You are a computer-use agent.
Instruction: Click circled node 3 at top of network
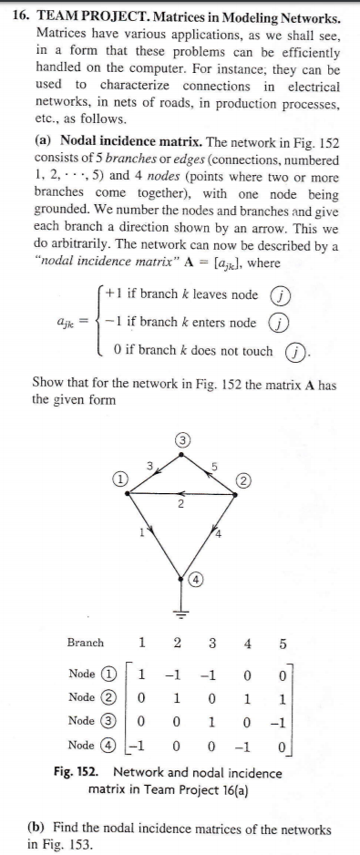pyautogui.click(x=181, y=442)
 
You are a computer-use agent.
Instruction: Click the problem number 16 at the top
pyautogui.click(x=21, y=17)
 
